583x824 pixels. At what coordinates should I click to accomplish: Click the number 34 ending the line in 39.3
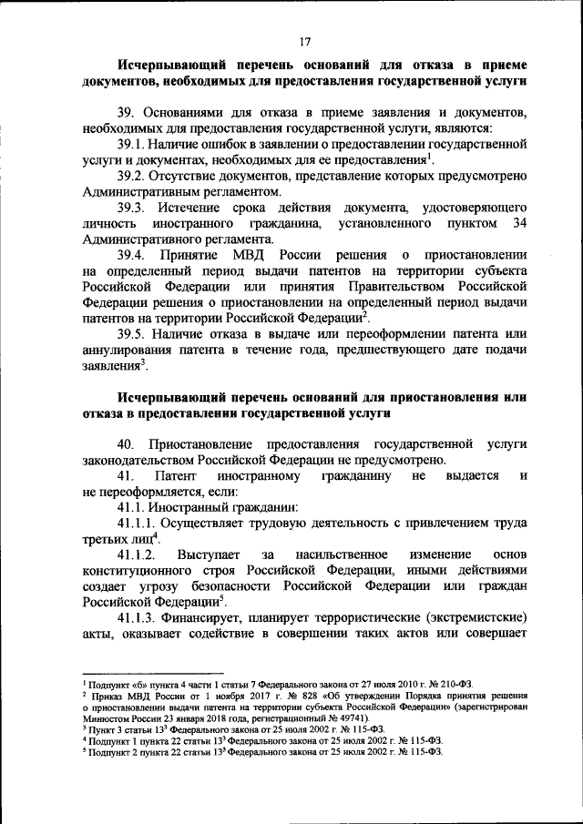point(519,223)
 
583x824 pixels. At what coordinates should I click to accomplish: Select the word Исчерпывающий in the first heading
point(168,65)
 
